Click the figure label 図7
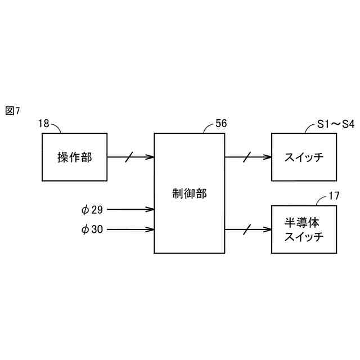(x=12, y=111)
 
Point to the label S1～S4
(x=332, y=123)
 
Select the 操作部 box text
(x=74, y=157)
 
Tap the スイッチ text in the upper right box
(x=304, y=157)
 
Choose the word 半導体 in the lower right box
(x=304, y=223)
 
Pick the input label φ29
(x=92, y=210)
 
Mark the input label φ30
(x=92, y=229)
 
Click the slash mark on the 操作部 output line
(x=129, y=157)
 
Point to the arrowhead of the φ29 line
(x=151, y=210)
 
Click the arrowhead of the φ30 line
(x=151, y=229)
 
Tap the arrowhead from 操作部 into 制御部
(x=151, y=157)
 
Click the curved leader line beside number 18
(x=56, y=127)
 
